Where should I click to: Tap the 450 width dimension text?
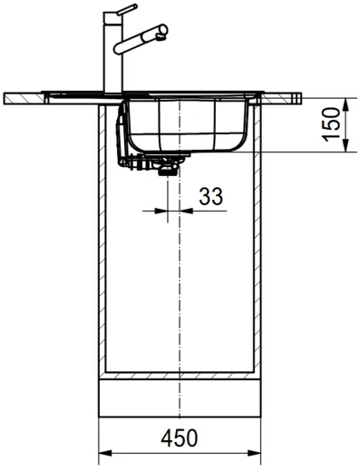pos(180,438)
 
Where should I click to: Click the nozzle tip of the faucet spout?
pos(162,34)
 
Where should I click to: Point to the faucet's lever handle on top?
pos(121,12)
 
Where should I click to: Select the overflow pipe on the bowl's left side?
pos(122,132)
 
